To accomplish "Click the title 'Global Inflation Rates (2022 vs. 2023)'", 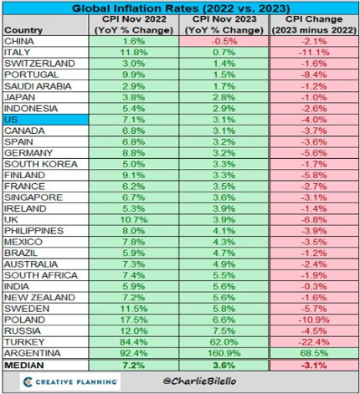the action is click(x=181, y=8).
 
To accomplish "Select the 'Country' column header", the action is click(x=23, y=30).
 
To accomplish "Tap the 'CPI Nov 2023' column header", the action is click(x=224, y=19).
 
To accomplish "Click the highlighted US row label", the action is click(x=46, y=120).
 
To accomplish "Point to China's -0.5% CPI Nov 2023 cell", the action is click(x=224, y=41).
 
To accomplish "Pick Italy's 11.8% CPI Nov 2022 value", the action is click(x=134, y=53).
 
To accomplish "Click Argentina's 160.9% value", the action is click(x=224, y=353).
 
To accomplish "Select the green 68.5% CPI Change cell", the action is click(x=314, y=353).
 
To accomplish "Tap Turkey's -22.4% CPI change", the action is click(x=314, y=342).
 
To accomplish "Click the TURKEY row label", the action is click(x=24, y=342).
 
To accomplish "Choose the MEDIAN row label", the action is click(x=24, y=366).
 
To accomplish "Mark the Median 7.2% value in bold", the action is click(x=134, y=366).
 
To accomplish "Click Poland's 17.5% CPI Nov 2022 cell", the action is click(x=134, y=320).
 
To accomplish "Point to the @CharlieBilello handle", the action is click(x=199, y=381).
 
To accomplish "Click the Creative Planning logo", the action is click(x=70, y=381).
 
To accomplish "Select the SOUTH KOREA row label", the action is click(x=41, y=164).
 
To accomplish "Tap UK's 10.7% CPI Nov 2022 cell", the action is click(x=134, y=220).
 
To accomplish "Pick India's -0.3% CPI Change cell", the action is click(x=314, y=286).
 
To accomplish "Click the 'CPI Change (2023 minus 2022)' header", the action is click(x=314, y=24).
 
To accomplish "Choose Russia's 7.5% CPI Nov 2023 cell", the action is click(x=224, y=331).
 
